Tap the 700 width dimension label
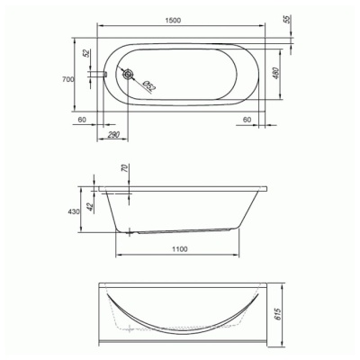(x=68, y=79)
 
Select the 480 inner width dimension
(x=276, y=74)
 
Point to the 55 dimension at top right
(x=287, y=19)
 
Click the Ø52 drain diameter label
(x=149, y=85)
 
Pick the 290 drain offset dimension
(x=113, y=135)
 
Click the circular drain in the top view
(x=128, y=74)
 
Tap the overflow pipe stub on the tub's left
(x=98, y=74)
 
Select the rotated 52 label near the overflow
(x=86, y=53)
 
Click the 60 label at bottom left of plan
(x=82, y=120)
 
